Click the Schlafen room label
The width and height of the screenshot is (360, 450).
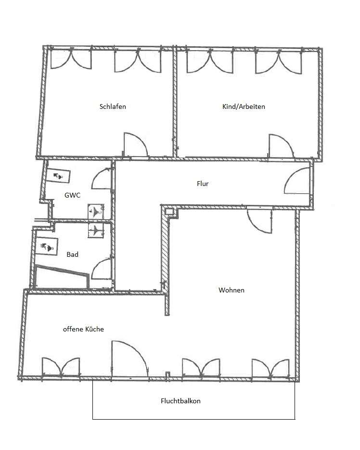click(x=113, y=106)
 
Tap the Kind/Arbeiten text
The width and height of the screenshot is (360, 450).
click(x=244, y=106)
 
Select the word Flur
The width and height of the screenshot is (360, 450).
click(x=203, y=184)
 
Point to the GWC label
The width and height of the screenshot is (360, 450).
click(x=72, y=195)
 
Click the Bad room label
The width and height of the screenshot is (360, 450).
click(x=72, y=254)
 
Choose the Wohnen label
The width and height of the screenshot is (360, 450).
click(x=231, y=290)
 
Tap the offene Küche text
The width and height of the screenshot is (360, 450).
click(x=83, y=329)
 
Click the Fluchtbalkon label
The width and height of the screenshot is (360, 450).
click(x=180, y=401)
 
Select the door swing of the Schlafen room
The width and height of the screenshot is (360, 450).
click(x=135, y=145)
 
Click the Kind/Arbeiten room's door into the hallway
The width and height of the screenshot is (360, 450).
click(x=281, y=146)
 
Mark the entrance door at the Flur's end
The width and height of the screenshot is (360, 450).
click(x=297, y=181)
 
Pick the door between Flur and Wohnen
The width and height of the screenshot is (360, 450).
click(x=259, y=221)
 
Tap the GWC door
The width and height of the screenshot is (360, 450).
click(x=101, y=179)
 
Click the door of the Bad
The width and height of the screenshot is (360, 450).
click(x=101, y=269)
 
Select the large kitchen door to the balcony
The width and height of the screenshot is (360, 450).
click(x=130, y=359)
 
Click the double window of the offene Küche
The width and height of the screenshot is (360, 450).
click(x=61, y=367)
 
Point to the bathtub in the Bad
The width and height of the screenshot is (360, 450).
click(x=62, y=277)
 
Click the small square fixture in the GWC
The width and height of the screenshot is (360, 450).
click(x=96, y=212)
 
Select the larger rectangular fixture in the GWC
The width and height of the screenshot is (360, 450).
click(x=58, y=176)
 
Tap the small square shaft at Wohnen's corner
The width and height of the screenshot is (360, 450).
click(x=169, y=212)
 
